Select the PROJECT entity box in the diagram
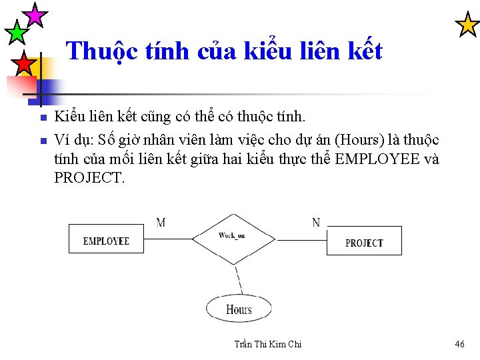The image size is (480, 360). (364, 241)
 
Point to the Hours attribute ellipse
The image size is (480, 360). (239, 309)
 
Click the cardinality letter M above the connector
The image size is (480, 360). (161, 223)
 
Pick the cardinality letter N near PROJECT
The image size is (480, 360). (315, 223)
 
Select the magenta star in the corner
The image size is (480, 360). (35, 14)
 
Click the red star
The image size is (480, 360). (23, 64)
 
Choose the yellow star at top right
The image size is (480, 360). (467, 25)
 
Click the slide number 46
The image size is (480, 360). (459, 344)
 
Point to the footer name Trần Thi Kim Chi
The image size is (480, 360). (268, 344)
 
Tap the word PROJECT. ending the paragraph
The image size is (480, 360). (89, 179)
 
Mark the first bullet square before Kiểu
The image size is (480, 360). (42, 118)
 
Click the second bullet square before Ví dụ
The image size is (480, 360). (42, 140)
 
